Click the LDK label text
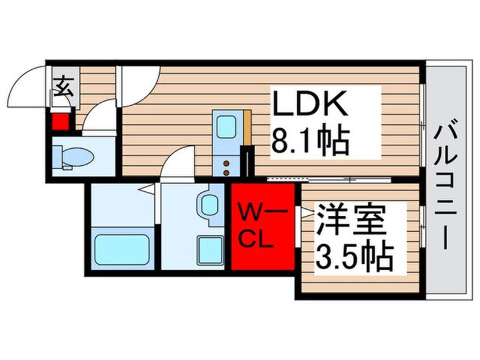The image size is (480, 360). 310,103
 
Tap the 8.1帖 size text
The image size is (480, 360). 310,142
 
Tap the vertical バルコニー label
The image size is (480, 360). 447,187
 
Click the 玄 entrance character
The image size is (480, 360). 64,86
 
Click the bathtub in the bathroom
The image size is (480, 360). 122,249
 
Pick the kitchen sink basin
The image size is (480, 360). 226,129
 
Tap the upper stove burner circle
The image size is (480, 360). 226,164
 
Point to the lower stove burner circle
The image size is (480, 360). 226,173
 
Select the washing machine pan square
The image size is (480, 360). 210,250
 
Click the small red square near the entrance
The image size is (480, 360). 60,122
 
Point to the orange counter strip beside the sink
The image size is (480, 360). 247,127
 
